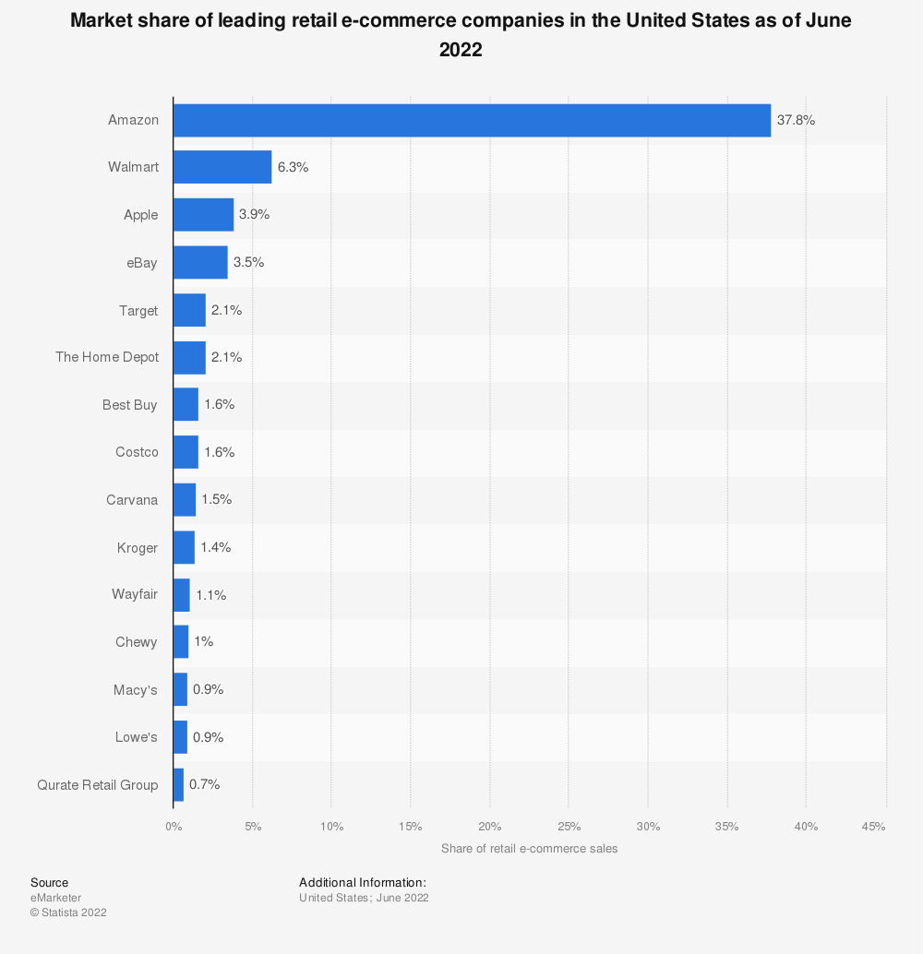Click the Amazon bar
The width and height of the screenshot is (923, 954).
click(472, 120)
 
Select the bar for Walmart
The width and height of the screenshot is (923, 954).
click(222, 167)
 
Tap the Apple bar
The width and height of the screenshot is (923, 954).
click(203, 215)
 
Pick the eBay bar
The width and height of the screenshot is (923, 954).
click(200, 262)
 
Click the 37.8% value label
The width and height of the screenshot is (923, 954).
click(796, 120)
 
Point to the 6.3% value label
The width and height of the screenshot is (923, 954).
click(293, 167)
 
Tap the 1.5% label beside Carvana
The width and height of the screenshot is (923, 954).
click(216, 499)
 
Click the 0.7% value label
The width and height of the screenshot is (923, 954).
click(204, 784)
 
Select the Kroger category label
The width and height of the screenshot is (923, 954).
click(138, 547)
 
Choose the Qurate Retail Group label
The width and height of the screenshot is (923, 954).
click(98, 784)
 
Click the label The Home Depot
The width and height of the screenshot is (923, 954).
click(107, 357)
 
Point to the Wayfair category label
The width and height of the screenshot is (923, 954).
click(135, 594)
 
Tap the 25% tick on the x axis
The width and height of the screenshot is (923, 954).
click(569, 826)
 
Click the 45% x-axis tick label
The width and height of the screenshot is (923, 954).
click(873, 826)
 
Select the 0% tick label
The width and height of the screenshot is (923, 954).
click(174, 826)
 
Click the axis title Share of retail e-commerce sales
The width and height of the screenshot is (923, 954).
click(529, 848)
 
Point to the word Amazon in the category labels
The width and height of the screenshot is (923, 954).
click(133, 120)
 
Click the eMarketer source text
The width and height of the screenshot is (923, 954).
click(55, 898)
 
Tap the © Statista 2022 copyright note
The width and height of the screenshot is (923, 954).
click(68, 912)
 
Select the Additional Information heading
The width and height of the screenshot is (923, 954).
click(363, 882)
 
